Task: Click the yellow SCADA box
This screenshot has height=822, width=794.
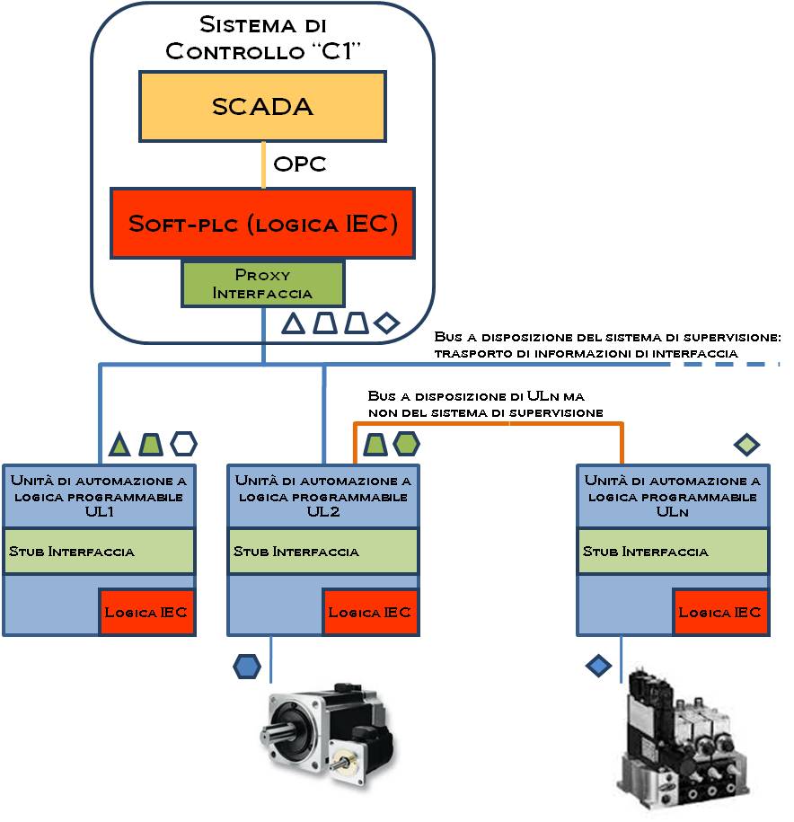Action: point(261,106)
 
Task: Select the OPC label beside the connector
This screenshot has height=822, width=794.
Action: point(299,164)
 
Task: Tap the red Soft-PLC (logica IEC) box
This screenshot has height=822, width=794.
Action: point(261,224)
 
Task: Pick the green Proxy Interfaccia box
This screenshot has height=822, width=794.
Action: point(261,283)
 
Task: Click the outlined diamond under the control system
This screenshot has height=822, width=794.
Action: point(387,323)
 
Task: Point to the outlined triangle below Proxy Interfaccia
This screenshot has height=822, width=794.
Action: point(294,323)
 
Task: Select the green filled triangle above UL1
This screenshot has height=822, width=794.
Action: point(119,443)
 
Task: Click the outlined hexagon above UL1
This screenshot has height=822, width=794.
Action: point(183,443)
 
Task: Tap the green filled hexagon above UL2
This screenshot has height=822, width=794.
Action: point(406,443)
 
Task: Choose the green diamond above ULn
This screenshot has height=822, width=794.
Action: point(747,444)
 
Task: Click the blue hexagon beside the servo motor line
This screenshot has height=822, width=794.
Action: point(246,667)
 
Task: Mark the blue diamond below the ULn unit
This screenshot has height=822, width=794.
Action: point(598,666)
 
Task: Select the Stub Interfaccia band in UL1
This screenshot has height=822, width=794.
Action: point(99,551)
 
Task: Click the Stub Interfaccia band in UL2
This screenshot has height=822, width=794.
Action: point(323,551)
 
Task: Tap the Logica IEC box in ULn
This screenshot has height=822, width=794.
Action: point(719,613)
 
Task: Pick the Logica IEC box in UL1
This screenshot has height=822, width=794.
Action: point(146,613)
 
